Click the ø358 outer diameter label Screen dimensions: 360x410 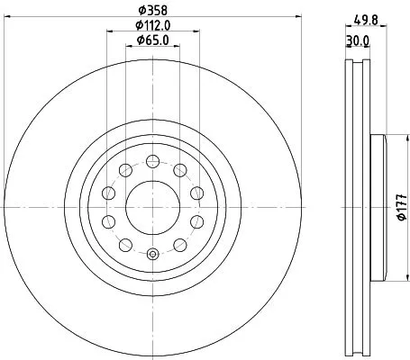(151, 11)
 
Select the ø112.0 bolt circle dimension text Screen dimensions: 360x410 (153, 24)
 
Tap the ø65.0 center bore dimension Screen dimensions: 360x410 (151, 39)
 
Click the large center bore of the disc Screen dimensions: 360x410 (152, 208)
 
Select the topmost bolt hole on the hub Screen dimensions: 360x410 (152, 161)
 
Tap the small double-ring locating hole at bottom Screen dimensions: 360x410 (152, 255)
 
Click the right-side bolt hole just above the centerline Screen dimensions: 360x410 (196, 193)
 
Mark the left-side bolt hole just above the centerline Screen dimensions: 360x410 (108, 193)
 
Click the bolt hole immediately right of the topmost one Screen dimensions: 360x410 (179, 170)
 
